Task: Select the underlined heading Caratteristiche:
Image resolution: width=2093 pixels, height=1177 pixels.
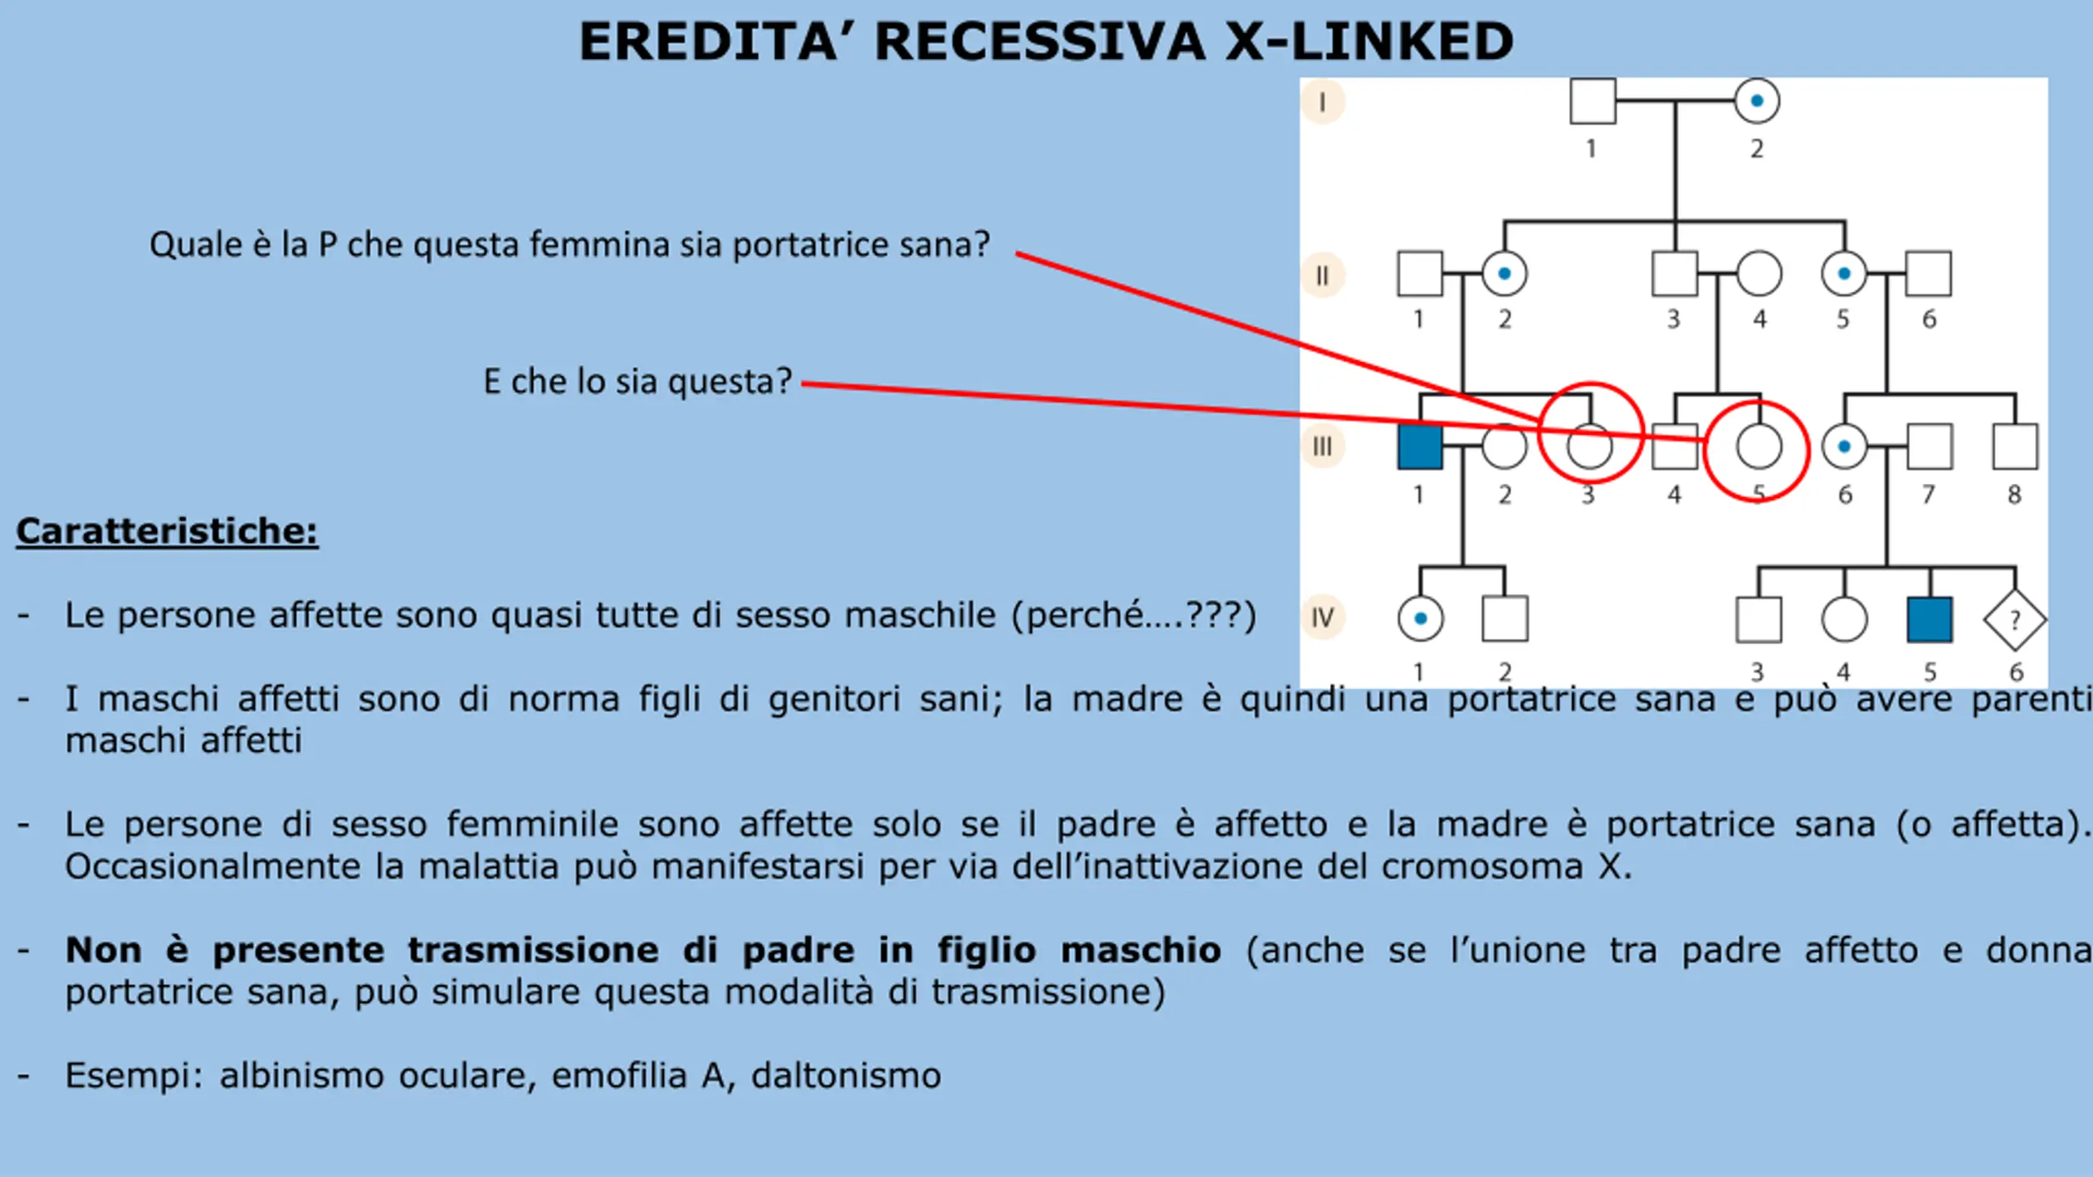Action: click(167, 531)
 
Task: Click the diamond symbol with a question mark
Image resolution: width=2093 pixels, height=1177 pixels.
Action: click(2015, 620)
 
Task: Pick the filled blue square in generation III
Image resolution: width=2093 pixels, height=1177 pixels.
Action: click(1419, 447)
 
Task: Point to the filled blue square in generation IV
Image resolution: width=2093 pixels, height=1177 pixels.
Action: click(1929, 620)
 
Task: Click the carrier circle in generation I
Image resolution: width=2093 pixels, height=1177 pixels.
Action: click(1756, 101)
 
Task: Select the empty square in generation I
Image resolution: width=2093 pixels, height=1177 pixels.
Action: click(1592, 101)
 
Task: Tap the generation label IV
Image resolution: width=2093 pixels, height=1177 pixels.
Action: click(1322, 617)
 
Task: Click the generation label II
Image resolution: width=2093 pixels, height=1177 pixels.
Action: click(1322, 276)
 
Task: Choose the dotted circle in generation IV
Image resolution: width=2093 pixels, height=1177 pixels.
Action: click(1420, 619)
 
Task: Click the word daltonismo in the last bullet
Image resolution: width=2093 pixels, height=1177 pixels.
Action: click(846, 1076)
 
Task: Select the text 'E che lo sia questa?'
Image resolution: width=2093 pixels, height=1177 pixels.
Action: click(638, 382)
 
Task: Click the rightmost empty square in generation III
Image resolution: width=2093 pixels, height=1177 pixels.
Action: click(2015, 447)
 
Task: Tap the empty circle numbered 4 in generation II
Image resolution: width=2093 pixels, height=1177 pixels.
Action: click(1759, 274)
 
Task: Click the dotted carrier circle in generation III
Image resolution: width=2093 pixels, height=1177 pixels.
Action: click(1844, 447)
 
